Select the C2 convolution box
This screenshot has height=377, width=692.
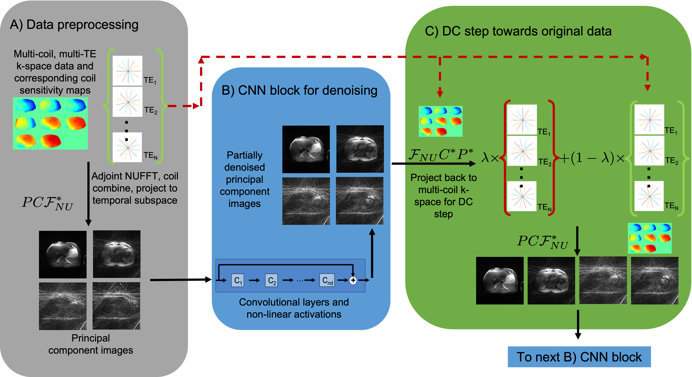click(271, 280)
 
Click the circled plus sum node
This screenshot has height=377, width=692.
click(353, 280)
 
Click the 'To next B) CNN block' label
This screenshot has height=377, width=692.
click(579, 357)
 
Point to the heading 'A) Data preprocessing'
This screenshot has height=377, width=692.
click(74, 25)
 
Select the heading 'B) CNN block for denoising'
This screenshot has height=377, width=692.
click(299, 90)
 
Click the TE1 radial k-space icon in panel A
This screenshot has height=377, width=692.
click(127, 71)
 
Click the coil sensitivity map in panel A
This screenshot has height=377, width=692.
click(50, 123)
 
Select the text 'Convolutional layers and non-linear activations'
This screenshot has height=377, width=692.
click(294, 308)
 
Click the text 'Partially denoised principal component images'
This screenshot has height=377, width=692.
click(244, 179)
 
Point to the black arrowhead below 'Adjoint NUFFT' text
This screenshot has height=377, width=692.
click(88, 223)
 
